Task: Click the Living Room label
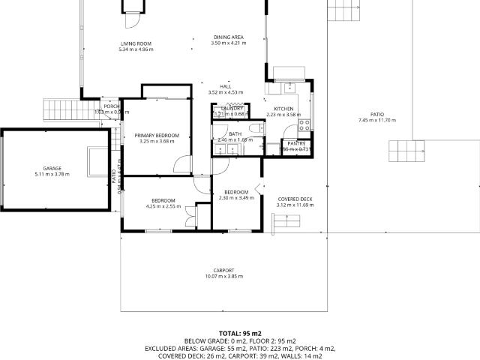136,44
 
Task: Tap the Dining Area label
228,37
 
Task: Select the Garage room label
52,168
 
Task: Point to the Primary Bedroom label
157,135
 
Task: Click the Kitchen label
283,109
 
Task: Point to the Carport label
224,270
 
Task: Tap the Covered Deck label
294,199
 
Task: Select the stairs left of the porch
61,109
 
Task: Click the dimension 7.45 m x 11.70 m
376,121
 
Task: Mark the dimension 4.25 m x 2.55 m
163,206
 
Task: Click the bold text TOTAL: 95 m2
240,332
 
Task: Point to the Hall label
226,86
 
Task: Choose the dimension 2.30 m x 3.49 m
236,198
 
